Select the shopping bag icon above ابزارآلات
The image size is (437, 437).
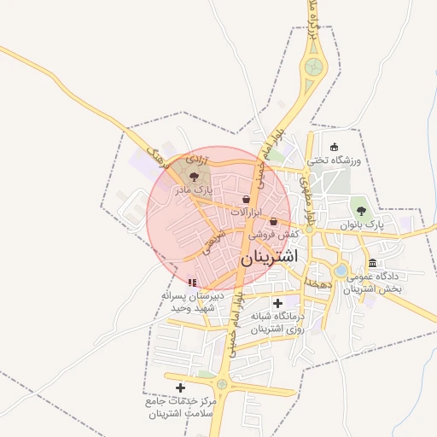(x=247, y=199)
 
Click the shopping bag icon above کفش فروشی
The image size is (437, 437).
(x=273, y=221)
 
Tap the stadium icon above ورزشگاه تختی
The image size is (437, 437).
(x=334, y=147)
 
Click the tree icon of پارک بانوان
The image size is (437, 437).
(x=362, y=207)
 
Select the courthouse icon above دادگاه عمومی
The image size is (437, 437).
(x=373, y=263)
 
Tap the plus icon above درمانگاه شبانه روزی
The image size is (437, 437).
(x=277, y=303)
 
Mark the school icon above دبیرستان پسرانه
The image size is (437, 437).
(x=193, y=283)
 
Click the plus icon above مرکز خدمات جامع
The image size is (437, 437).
(x=180, y=388)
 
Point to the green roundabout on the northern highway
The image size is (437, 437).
(x=316, y=65)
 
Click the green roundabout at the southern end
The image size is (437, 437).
(x=222, y=383)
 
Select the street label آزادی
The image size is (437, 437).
(x=195, y=160)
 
